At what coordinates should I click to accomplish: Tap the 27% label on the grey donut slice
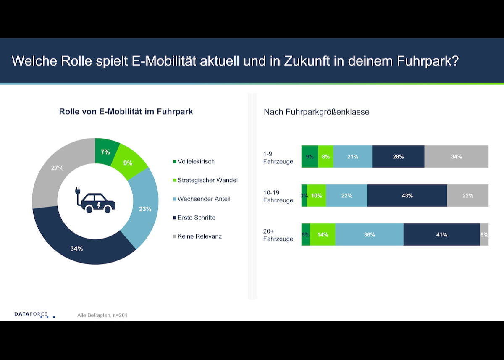click(x=57, y=168)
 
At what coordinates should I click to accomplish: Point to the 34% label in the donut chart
click(x=76, y=249)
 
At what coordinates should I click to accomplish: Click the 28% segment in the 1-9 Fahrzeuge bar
click(x=398, y=157)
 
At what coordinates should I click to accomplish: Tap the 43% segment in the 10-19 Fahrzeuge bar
click(x=407, y=196)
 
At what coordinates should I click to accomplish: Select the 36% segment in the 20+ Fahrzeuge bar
click(x=369, y=235)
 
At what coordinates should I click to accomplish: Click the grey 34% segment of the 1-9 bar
click(x=456, y=157)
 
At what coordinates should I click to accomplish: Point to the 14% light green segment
click(x=323, y=235)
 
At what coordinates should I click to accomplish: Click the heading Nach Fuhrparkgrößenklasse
click(x=316, y=112)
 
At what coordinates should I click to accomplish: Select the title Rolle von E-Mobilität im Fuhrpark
click(x=126, y=112)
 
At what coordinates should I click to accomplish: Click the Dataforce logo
click(x=34, y=314)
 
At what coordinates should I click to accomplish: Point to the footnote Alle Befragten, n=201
click(x=102, y=315)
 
